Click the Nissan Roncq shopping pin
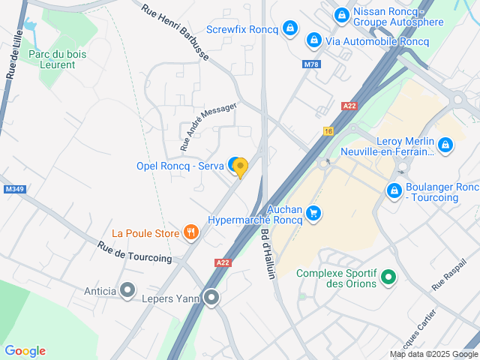point(341,14)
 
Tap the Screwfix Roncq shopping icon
point(291,29)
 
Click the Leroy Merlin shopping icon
point(445,144)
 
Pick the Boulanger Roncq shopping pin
point(393,191)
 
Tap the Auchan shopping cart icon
point(314,214)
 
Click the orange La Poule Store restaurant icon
point(191,233)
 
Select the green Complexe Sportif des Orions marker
point(388,277)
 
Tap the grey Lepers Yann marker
point(212,298)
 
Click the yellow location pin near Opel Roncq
point(240,167)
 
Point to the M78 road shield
point(312,64)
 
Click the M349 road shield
point(13,189)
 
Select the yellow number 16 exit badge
point(328,130)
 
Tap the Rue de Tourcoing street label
point(134,252)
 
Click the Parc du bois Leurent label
point(58,59)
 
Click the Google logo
point(25,351)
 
